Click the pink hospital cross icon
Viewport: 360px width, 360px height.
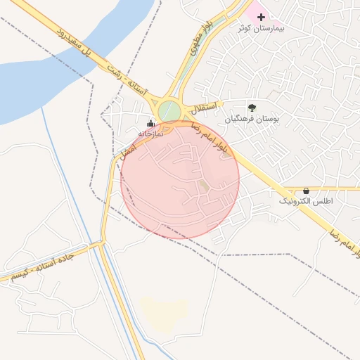click(261, 15)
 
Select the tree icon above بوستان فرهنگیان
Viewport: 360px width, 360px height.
click(252, 108)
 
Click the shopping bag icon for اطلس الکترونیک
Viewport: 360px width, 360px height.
click(306, 191)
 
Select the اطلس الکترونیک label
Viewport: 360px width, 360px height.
click(306, 202)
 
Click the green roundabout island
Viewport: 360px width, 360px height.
click(169, 111)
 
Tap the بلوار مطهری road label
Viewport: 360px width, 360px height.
click(198, 44)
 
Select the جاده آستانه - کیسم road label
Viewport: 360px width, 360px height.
click(42, 265)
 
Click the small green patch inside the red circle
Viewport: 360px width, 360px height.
click(203, 186)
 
